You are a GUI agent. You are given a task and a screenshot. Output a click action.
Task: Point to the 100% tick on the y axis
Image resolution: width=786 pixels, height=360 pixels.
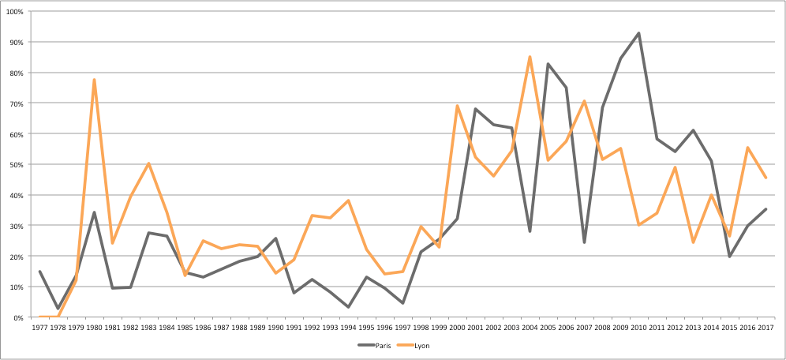pos(14,11)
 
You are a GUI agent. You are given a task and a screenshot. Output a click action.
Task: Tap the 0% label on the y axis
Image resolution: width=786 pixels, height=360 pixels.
pos(17,317)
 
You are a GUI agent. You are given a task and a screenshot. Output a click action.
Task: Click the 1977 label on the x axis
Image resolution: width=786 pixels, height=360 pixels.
pos(39,326)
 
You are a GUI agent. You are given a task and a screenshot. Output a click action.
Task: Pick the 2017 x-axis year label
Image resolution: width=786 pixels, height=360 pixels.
pos(765,326)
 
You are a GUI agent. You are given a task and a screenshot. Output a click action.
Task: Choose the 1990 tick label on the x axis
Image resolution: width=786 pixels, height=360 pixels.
pos(275,326)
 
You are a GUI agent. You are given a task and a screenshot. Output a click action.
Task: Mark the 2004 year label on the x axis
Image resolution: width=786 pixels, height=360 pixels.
pos(530,326)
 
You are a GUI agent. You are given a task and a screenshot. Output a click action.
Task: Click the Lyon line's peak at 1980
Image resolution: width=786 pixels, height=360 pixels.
pos(94,80)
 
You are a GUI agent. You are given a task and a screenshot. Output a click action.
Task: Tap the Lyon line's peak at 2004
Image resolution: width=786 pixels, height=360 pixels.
pos(530,57)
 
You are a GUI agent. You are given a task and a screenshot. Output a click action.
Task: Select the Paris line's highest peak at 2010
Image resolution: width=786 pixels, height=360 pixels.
pos(638,33)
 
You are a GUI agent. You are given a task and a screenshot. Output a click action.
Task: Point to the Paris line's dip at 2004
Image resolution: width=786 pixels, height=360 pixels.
pos(530,231)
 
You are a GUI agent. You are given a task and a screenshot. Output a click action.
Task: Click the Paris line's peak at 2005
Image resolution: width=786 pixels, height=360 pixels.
pos(548,64)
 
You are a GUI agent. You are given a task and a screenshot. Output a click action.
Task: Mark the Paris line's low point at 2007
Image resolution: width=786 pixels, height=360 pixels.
pos(584,242)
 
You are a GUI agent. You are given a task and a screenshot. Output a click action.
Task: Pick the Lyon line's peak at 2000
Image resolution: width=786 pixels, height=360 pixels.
pos(457,106)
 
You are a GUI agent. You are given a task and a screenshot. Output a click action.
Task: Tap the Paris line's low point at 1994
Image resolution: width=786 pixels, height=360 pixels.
pos(348,307)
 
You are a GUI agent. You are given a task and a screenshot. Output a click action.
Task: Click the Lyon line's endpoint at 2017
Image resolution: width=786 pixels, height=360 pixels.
pos(765,178)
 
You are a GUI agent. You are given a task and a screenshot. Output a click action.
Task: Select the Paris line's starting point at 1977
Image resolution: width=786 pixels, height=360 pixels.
pos(39,272)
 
